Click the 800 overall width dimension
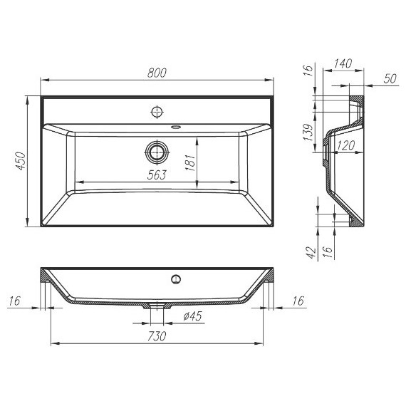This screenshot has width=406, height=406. (157, 72)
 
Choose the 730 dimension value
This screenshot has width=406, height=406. (157, 335)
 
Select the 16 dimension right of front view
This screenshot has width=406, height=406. (298, 302)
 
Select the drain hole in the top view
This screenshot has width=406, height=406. (157, 152)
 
